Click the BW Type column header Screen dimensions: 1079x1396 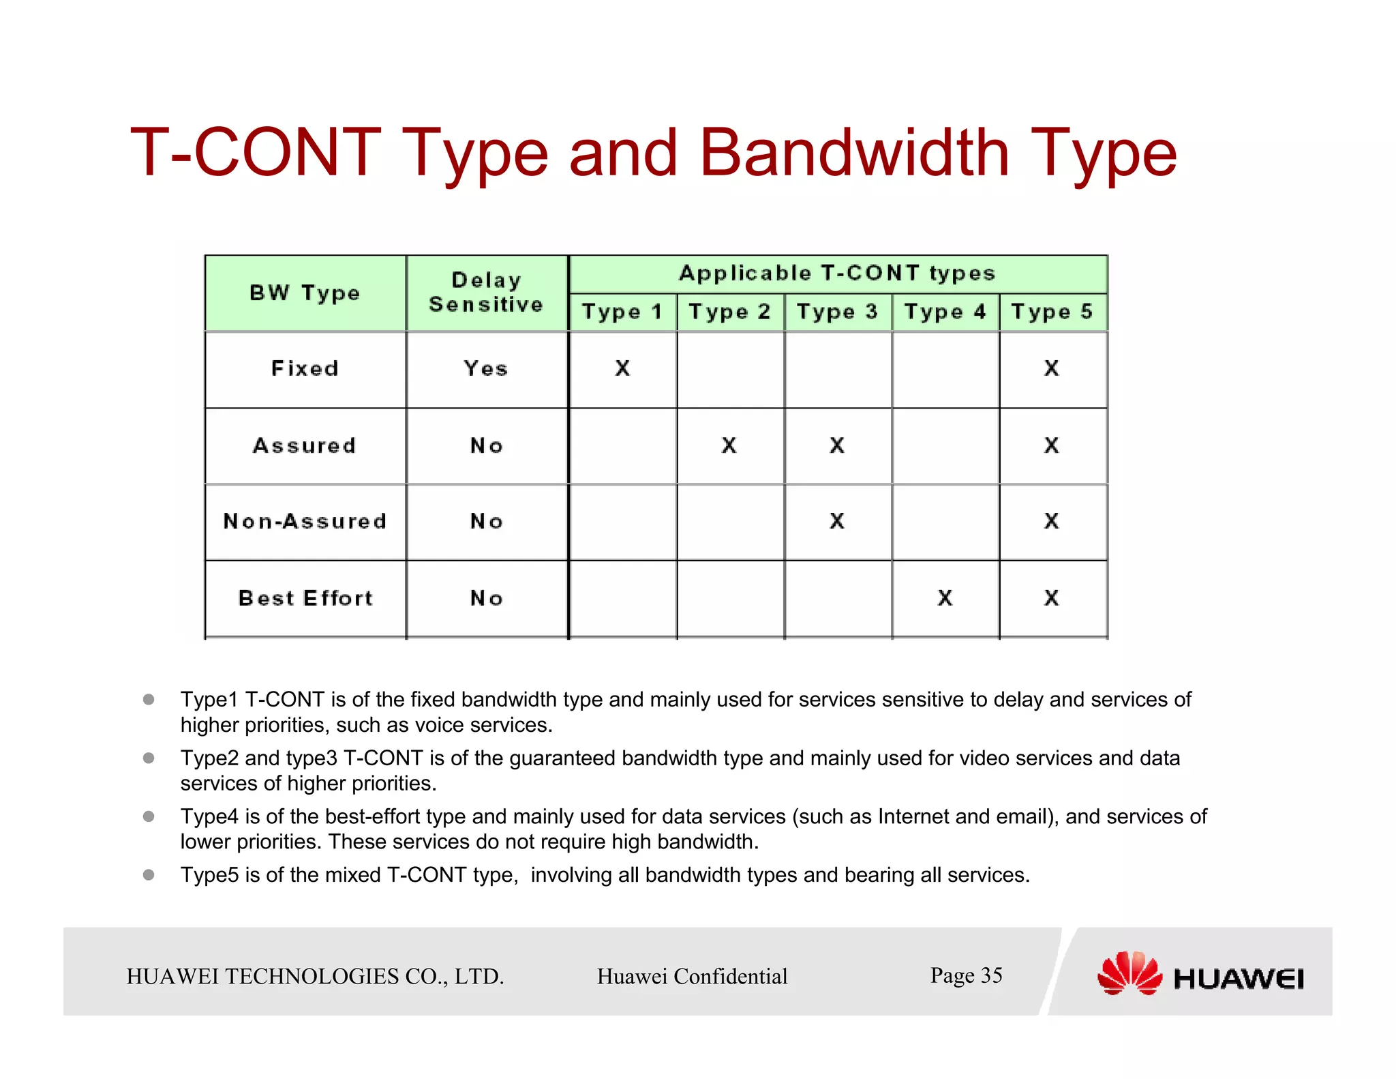click(305, 293)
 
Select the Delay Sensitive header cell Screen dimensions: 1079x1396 click(486, 293)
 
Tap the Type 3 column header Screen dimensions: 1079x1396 click(837, 312)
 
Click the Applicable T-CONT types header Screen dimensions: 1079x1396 click(837, 274)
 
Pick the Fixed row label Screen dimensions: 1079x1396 click(305, 369)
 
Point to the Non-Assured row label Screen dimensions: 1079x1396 click(305, 522)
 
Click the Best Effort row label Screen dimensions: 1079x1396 click(305, 598)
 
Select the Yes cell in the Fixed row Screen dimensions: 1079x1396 click(486, 369)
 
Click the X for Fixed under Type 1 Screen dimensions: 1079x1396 click(622, 369)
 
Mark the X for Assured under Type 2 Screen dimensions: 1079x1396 click(729, 446)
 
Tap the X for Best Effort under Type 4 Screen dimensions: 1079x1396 click(945, 598)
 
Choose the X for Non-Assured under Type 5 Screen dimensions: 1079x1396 click(1052, 522)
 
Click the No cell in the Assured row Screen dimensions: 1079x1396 click(486, 446)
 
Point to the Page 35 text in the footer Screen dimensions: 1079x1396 click(966, 975)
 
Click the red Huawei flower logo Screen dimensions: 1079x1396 click(1129, 973)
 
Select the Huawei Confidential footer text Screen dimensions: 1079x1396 click(692, 977)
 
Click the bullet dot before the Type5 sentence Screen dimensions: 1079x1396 click(149, 874)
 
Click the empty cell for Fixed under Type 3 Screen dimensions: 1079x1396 click(837, 369)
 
